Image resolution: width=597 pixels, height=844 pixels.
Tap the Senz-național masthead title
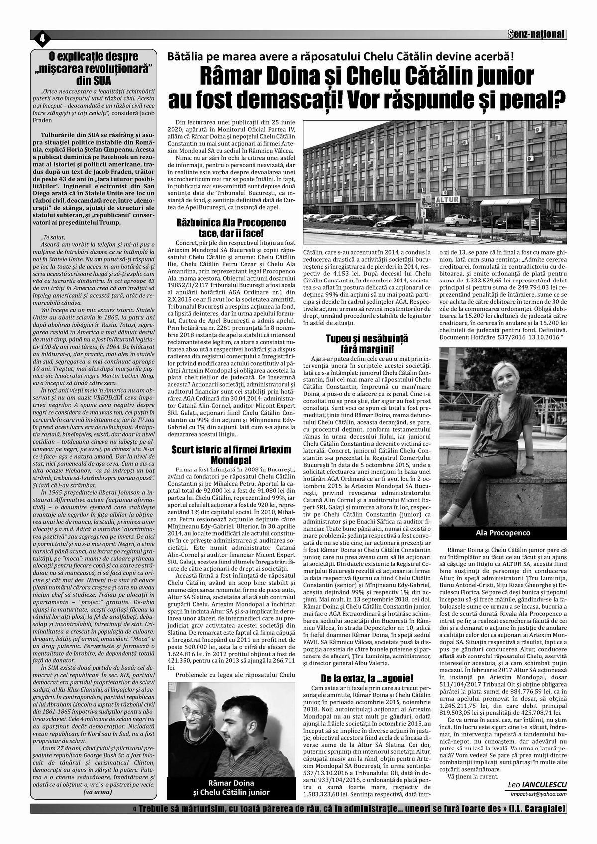(537, 35)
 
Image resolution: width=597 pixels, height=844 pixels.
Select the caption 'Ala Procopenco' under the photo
(502, 532)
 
